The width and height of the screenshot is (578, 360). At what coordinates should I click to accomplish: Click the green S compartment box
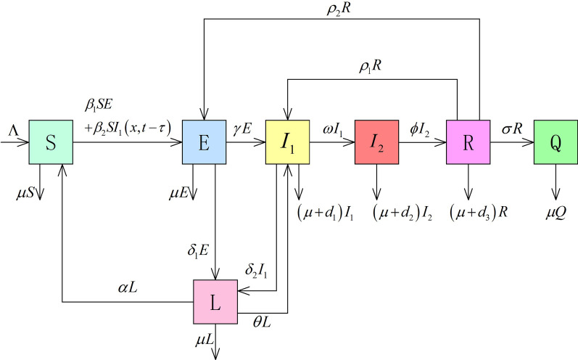click(51, 142)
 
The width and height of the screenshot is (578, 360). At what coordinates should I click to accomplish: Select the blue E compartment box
click(205, 142)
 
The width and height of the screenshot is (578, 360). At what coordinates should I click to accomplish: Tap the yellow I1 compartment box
click(288, 142)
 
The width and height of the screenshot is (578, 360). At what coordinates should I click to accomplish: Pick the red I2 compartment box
click(376, 142)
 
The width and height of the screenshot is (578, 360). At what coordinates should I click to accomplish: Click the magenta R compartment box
click(468, 142)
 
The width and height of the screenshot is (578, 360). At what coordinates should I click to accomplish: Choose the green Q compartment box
click(556, 142)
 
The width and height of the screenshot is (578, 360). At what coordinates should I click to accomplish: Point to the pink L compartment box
click(215, 300)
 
